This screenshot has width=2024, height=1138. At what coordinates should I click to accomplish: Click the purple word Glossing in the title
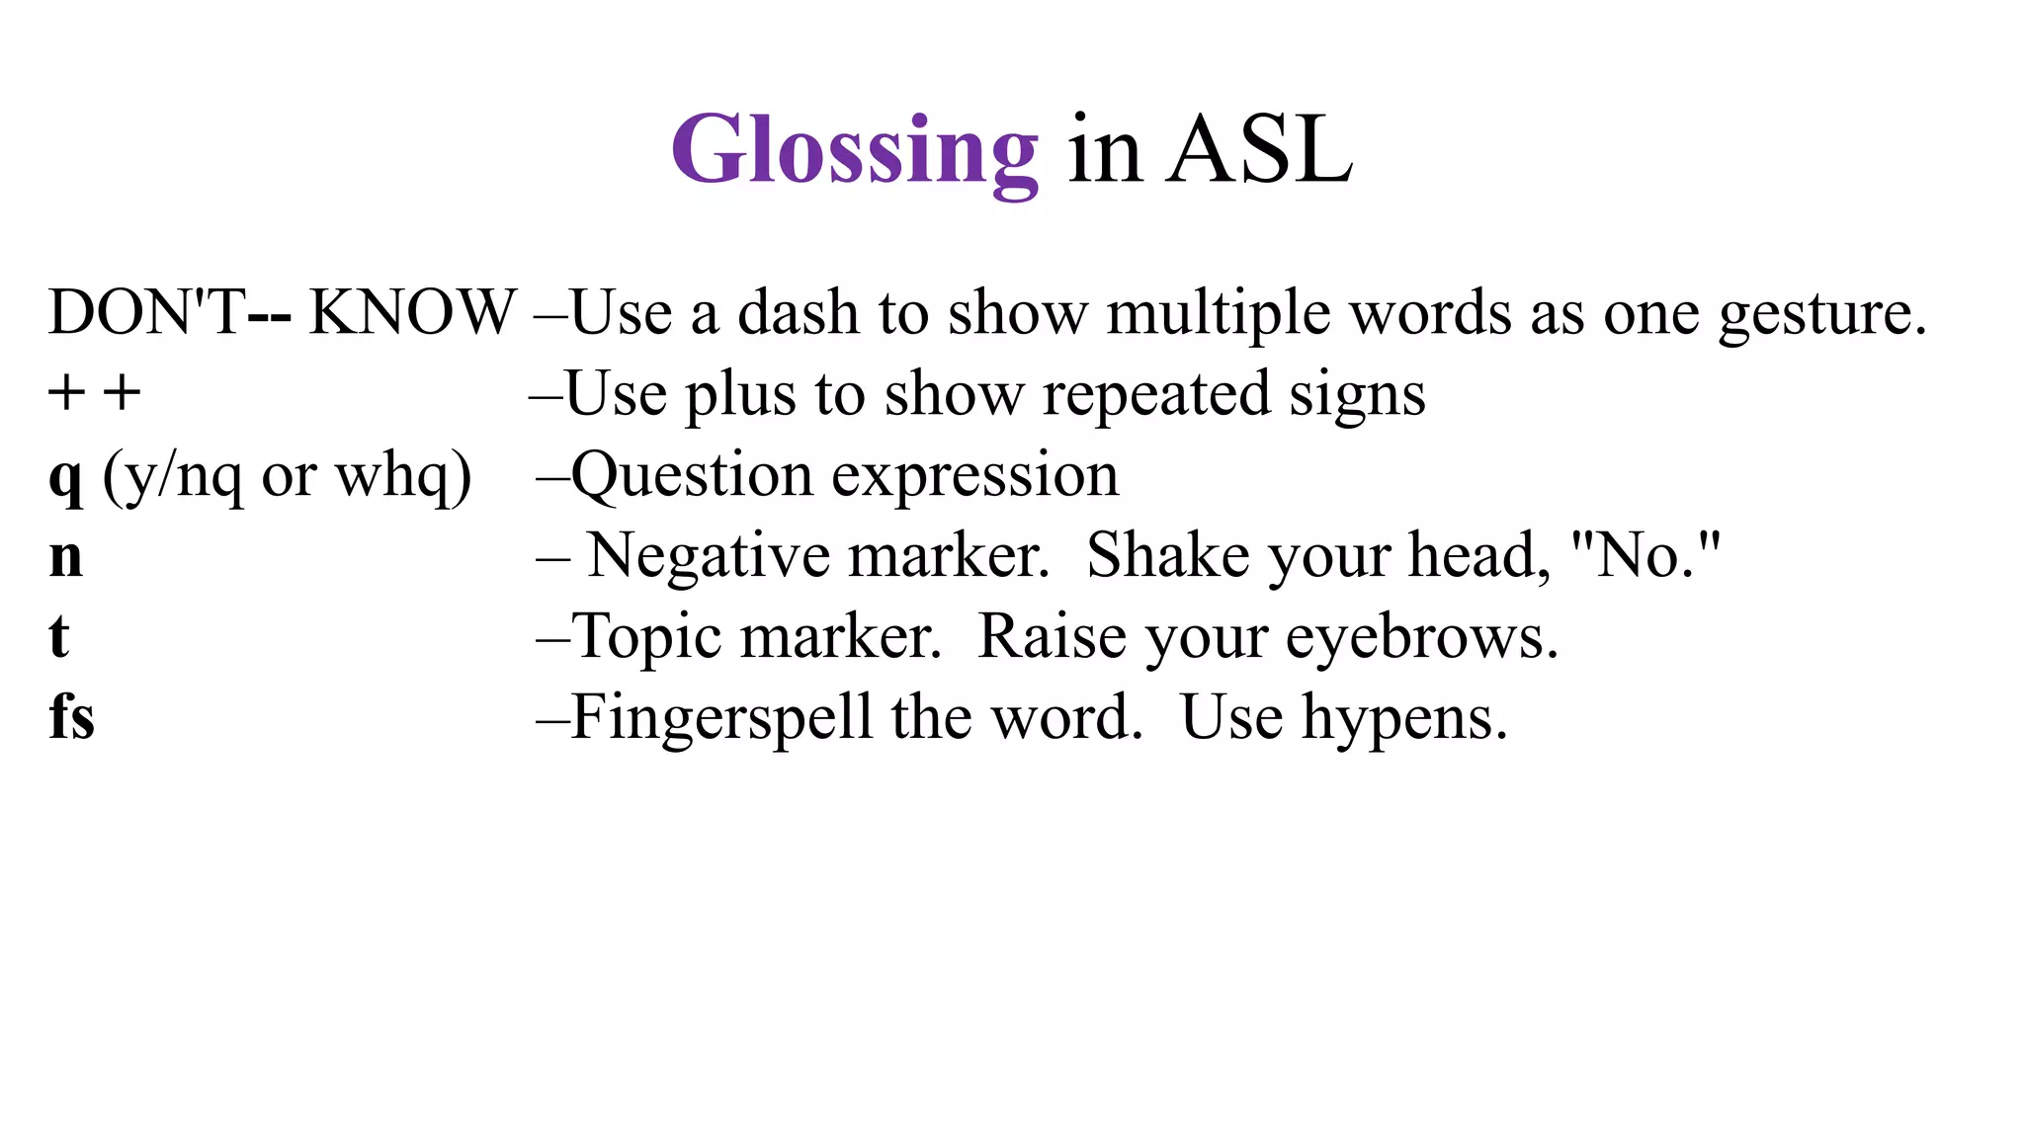(855, 150)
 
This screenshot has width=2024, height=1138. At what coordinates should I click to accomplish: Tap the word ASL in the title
(1259, 150)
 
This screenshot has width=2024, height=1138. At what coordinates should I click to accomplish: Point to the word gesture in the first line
(1821, 314)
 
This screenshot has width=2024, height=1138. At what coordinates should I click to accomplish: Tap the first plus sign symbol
(66, 393)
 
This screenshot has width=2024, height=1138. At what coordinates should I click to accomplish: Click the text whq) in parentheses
(403, 476)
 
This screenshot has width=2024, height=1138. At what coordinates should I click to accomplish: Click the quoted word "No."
(1645, 555)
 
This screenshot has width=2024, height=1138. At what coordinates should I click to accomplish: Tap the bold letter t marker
(59, 637)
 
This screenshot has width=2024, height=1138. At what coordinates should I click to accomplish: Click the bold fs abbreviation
(71, 717)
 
